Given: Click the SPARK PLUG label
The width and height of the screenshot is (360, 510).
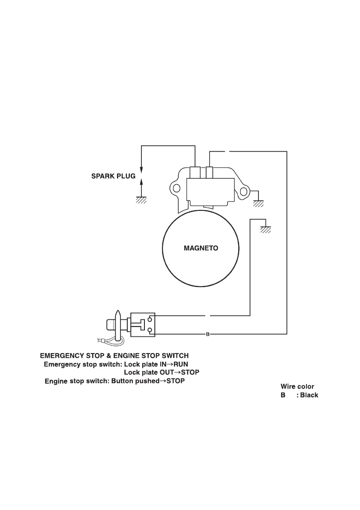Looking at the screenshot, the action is (113, 176).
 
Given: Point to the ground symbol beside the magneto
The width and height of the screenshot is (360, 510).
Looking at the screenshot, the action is (266, 230).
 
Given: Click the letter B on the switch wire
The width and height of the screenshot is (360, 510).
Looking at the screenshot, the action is (207, 334).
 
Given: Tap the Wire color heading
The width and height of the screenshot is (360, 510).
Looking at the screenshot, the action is (297, 387).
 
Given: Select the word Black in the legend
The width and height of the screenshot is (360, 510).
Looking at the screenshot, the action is (309, 395).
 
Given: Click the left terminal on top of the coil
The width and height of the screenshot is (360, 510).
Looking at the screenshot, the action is (195, 172).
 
